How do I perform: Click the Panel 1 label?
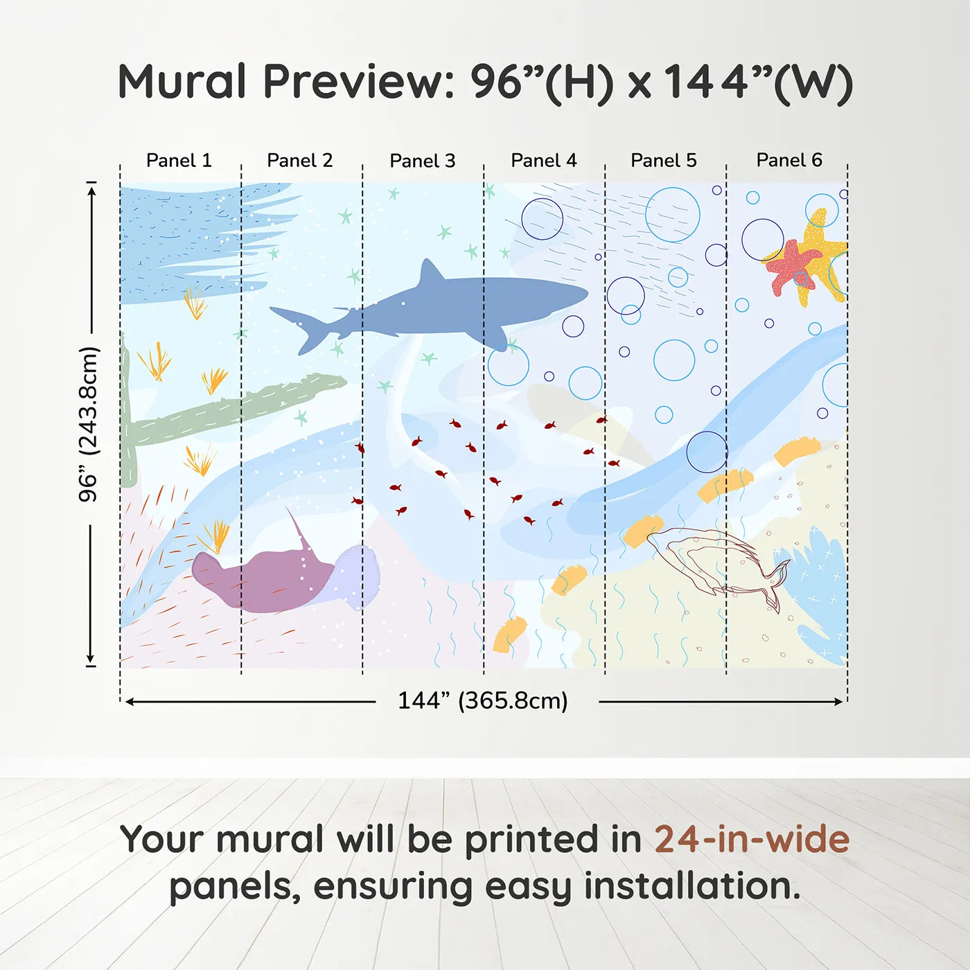pyautogui.click(x=179, y=161)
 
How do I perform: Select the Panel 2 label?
pyautogui.click(x=300, y=161)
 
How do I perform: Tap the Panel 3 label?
pyautogui.click(x=423, y=161)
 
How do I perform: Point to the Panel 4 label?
pyautogui.click(x=544, y=161)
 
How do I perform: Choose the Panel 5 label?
pyautogui.click(x=664, y=161)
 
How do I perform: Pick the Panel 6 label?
pyautogui.click(x=789, y=161)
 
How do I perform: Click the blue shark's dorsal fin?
pyautogui.click(x=430, y=272)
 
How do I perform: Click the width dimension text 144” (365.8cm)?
pyautogui.click(x=483, y=701)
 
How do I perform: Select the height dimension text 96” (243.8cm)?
pyautogui.click(x=89, y=424)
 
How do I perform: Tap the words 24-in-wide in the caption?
pyautogui.click(x=752, y=840)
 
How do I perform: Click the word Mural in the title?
pyautogui.click(x=182, y=82)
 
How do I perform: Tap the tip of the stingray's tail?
pyautogui.click(x=288, y=509)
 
